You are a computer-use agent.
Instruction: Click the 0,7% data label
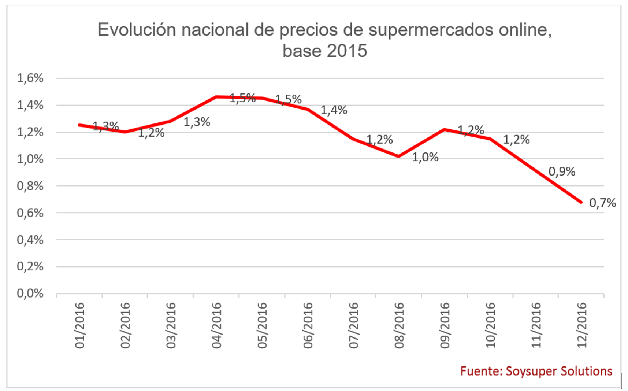tap(602, 203)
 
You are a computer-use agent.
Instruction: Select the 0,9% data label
tap(561, 171)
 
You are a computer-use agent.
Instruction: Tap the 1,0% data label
tap(425, 157)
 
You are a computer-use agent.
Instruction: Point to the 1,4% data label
tap(334, 110)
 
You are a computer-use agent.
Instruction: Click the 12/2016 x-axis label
tap(581, 325)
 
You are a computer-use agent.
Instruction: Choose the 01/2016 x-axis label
tap(79, 325)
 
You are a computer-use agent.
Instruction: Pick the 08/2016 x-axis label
tap(399, 325)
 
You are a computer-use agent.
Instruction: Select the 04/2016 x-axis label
tap(216, 325)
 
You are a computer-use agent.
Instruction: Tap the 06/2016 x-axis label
tap(308, 325)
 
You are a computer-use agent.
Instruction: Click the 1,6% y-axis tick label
tap(30, 78)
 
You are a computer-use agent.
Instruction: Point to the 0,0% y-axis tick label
tap(30, 293)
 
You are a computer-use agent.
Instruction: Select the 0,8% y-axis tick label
tap(30, 186)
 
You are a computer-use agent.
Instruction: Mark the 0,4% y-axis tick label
tap(30, 240)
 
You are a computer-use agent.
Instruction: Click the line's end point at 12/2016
tap(581, 202)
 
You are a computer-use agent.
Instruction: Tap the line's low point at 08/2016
tap(398, 156)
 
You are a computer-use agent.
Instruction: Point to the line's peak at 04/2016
tap(216, 97)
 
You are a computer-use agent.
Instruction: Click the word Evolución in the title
tap(137, 30)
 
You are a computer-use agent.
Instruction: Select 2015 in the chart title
tap(347, 51)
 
